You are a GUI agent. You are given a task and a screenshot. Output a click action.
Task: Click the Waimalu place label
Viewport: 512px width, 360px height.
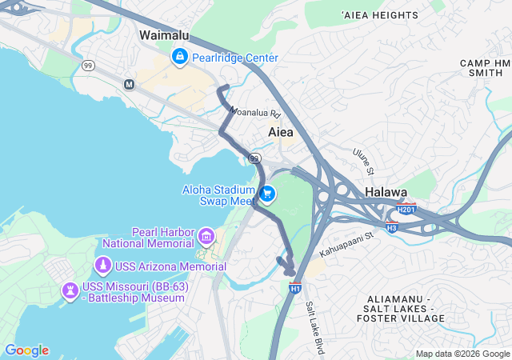pyautogui.click(x=164, y=35)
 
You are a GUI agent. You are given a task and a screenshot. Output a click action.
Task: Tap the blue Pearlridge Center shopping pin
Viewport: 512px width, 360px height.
pyautogui.click(x=180, y=57)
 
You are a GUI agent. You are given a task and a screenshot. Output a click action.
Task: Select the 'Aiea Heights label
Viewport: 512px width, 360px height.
pyautogui.click(x=379, y=15)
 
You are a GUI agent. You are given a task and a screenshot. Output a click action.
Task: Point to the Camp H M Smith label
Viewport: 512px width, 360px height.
pyautogui.click(x=485, y=67)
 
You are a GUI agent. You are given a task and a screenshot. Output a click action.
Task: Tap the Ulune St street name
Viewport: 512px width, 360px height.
pyautogui.click(x=363, y=160)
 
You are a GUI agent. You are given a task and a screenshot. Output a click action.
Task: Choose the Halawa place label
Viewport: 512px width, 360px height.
pyautogui.click(x=386, y=193)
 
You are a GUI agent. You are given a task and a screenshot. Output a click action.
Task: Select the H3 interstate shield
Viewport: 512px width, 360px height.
pyautogui.click(x=392, y=227)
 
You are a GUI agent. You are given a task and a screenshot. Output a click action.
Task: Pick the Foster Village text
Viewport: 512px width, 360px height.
pyautogui.click(x=404, y=318)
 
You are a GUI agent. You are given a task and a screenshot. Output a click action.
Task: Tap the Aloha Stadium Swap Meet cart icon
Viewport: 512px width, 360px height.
pyautogui.click(x=267, y=194)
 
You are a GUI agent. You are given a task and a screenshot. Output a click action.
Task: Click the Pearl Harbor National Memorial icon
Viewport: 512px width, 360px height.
pyautogui.click(x=206, y=236)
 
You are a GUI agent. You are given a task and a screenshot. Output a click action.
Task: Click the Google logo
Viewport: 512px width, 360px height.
pyautogui.click(x=26, y=350)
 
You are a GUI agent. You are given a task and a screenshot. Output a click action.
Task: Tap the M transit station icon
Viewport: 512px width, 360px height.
pyautogui.click(x=129, y=84)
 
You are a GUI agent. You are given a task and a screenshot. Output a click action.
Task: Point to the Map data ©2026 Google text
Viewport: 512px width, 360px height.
pyautogui.click(x=462, y=354)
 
